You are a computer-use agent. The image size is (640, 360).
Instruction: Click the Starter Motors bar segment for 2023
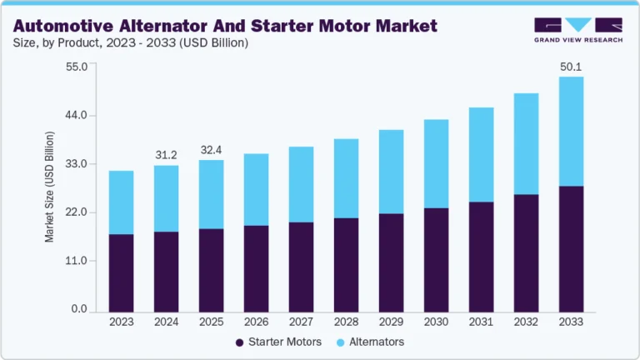point(121,272)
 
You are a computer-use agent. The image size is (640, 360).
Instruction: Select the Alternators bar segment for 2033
point(571,131)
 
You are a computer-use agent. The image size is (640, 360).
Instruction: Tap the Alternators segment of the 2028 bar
point(346,178)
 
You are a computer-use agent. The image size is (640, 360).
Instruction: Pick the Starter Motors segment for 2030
point(436,259)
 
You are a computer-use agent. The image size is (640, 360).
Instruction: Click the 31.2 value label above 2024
point(167,155)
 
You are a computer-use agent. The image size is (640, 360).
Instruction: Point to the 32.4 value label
point(212,150)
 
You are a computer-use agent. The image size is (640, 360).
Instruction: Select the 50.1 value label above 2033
point(571,67)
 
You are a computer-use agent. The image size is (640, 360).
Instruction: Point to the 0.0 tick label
point(79,310)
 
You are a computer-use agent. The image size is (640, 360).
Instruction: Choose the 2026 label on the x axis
point(256,322)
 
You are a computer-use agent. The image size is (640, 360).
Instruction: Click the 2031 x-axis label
point(481,322)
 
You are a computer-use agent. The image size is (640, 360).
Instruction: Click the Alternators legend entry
point(371,342)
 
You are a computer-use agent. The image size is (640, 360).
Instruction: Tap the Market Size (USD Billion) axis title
point(49,187)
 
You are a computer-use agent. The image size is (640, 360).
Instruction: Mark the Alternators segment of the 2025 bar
point(211,194)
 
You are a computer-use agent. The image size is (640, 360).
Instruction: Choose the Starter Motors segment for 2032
point(526,252)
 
